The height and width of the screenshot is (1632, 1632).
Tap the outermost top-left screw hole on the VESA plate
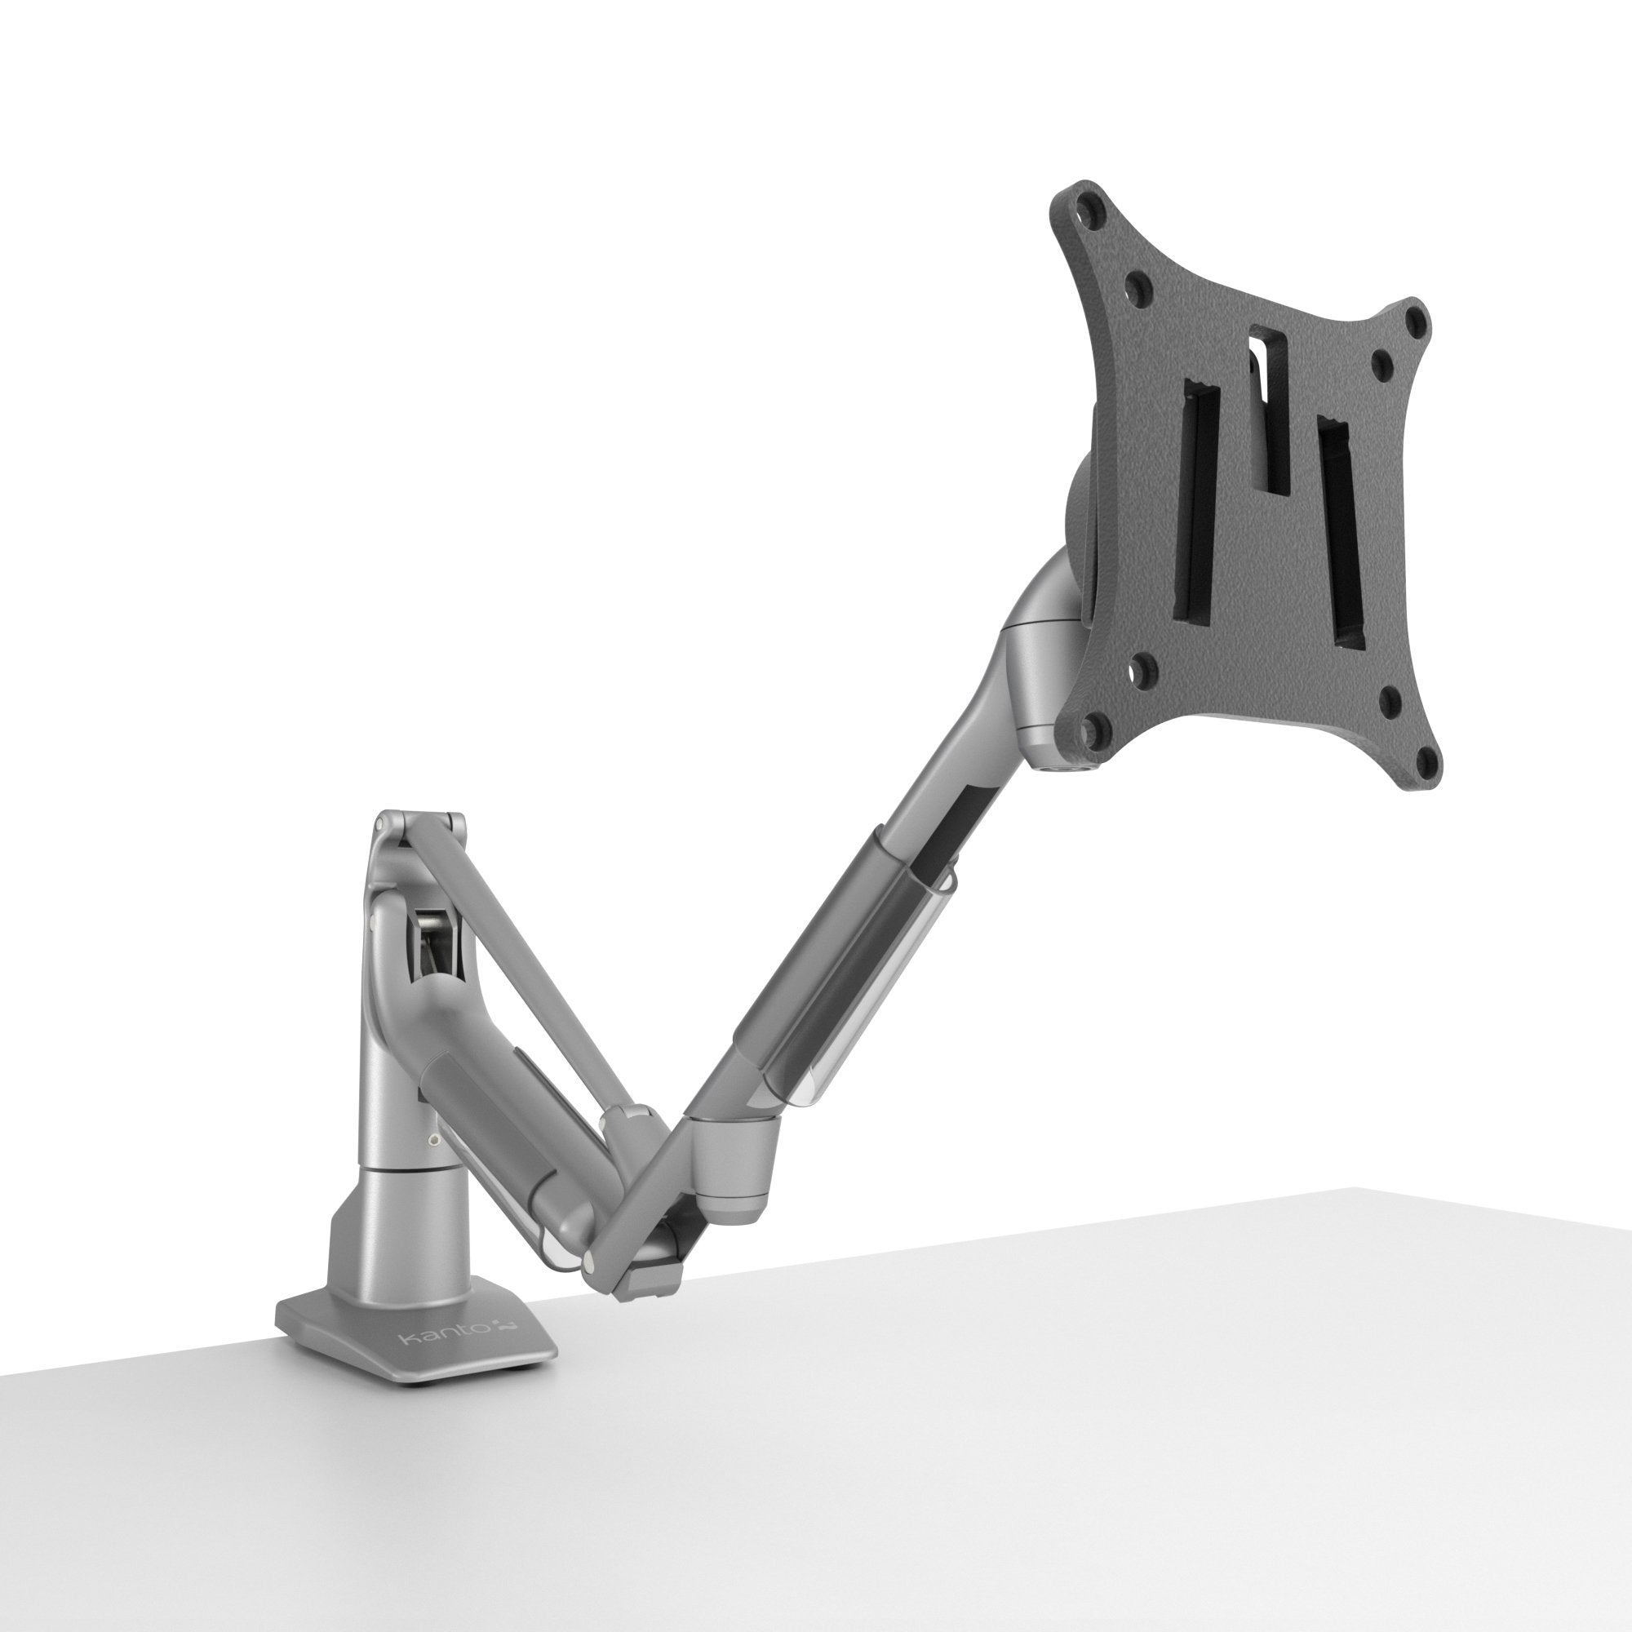point(1095,203)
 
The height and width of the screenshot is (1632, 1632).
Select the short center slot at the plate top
point(1268,408)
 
